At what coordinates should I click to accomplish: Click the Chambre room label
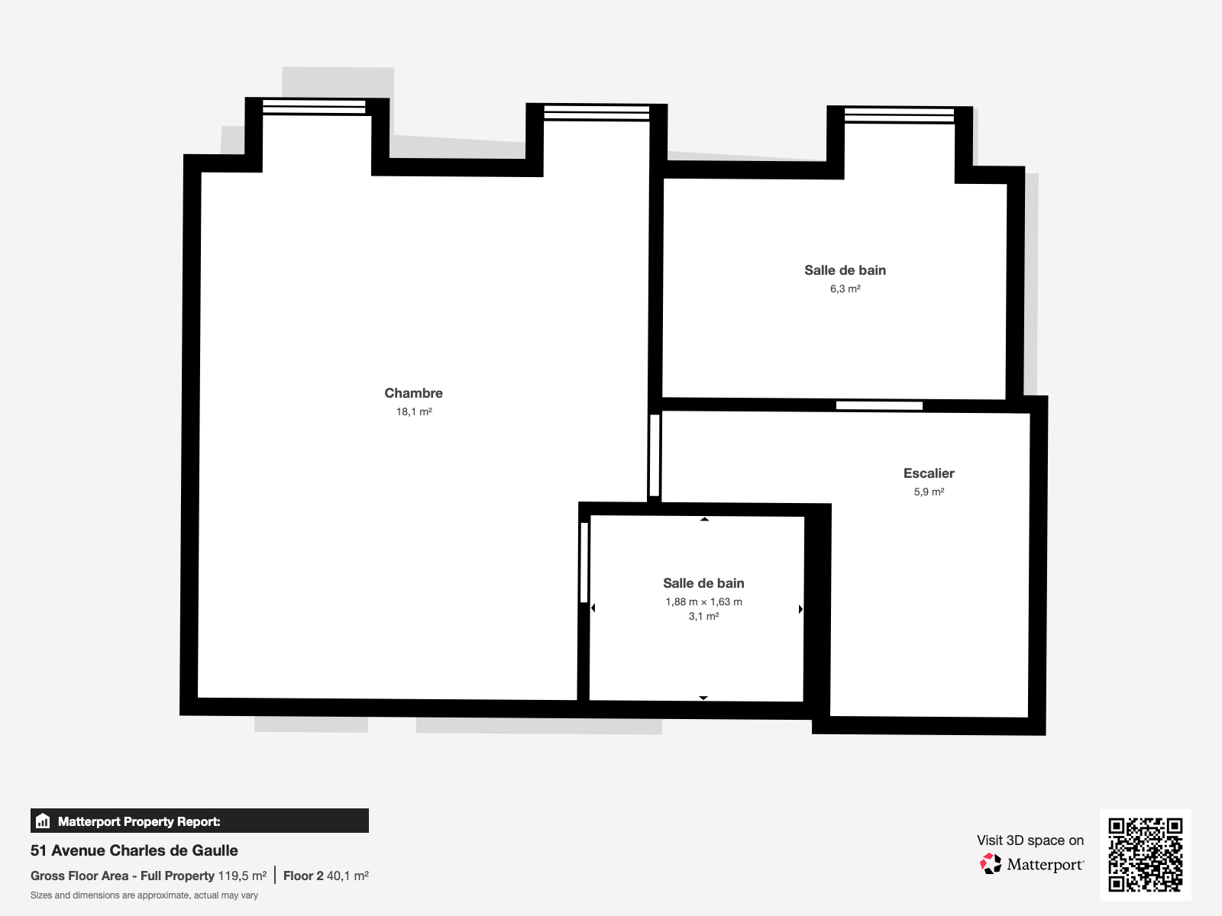coord(414,393)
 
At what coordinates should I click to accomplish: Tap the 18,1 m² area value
coord(414,411)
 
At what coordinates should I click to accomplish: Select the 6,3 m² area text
coord(845,289)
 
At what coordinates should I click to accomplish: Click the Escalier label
coord(929,473)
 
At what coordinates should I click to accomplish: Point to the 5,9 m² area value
coord(929,492)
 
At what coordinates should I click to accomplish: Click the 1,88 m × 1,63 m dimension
coord(703,602)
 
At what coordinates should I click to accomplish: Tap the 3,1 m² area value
coord(703,616)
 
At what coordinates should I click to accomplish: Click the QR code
coord(1145,854)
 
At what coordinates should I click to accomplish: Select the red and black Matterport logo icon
coord(991,864)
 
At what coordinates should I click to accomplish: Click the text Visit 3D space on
coord(1030,840)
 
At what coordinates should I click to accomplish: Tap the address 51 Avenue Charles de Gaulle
coord(134,850)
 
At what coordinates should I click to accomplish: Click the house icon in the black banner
coord(43,821)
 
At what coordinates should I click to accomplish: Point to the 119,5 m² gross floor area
coord(242,876)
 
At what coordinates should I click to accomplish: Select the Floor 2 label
coord(303,876)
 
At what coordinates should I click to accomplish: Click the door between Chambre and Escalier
coord(655,455)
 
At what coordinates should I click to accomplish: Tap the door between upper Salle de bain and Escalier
coord(879,405)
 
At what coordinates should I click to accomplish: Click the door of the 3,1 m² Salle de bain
coord(584,563)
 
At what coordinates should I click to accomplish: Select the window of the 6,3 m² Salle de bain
coord(899,116)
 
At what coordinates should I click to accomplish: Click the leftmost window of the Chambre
coord(314,108)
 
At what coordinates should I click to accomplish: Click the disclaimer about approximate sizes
coord(144,895)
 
